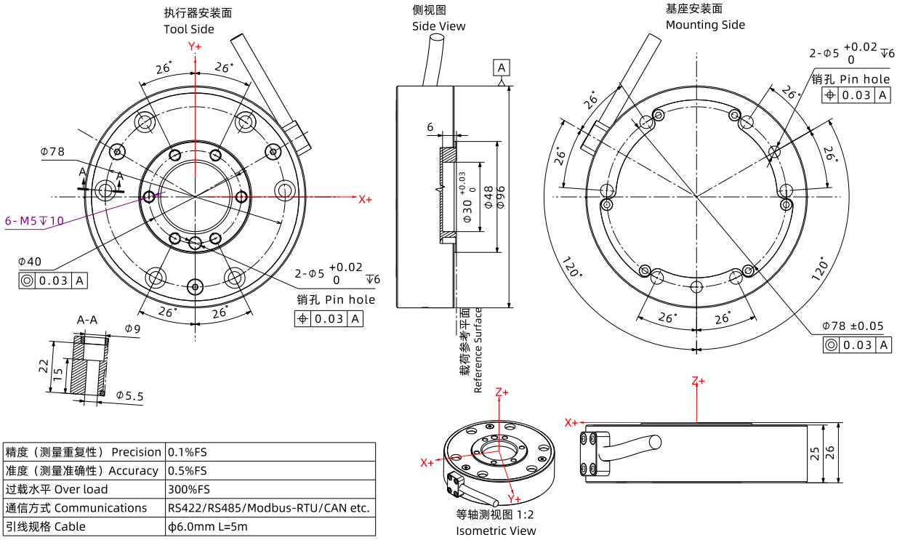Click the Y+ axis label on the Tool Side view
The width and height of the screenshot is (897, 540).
(x=195, y=47)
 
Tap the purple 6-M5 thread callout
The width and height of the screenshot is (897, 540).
(x=34, y=220)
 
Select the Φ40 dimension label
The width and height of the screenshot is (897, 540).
(x=30, y=262)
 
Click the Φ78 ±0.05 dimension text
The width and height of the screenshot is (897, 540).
(x=853, y=326)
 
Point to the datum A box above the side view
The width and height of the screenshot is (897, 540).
(x=502, y=68)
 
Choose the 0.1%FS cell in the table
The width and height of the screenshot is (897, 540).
(x=187, y=452)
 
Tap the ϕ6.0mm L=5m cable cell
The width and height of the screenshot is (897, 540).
(x=207, y=526)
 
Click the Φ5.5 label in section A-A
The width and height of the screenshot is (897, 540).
(x=129, y=396)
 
